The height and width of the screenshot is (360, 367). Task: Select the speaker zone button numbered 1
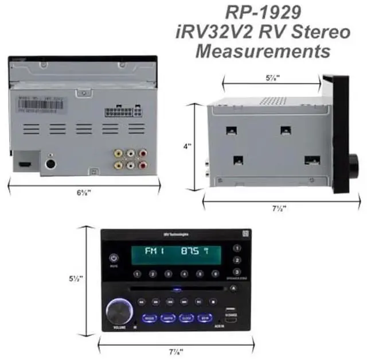tap(237, 249)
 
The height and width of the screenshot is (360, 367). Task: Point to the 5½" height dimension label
tap(78, 279)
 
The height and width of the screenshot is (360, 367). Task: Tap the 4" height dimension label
tap(187, 146)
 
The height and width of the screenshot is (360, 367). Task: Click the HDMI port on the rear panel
tap(25, 164)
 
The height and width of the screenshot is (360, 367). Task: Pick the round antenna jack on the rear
tap(52, 164)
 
